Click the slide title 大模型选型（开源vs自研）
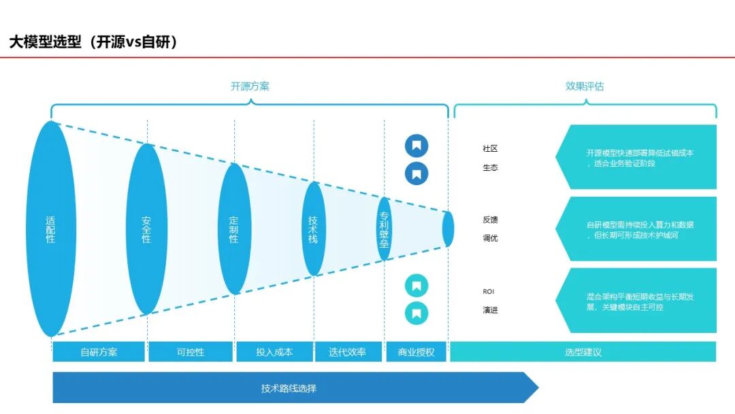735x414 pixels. pos(93,42)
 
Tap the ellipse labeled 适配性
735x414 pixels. pos(51,229)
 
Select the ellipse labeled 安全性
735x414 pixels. pos(147,229)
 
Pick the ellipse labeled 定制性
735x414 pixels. pos(234,229)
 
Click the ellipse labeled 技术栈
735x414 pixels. pos(314,229)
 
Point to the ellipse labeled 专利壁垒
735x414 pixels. pos(385,229)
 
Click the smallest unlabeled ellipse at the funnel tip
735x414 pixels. pos(448,229)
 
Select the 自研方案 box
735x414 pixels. pos(99,351)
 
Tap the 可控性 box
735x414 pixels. pos(191,351)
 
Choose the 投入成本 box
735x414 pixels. pos(274,351)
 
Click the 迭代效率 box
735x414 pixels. pos(348,351)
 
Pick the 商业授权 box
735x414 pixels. pos(416,351)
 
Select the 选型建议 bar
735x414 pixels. pos(583,351)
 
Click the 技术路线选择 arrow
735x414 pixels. pos(295,387)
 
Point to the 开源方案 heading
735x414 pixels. pos(250,86)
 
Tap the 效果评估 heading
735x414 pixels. pos(585,86)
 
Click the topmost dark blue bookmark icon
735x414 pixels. pos(416,146)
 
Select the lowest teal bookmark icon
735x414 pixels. pos(416,313)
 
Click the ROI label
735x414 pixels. pos(489,291)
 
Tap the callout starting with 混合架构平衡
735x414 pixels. pos(636,300)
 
